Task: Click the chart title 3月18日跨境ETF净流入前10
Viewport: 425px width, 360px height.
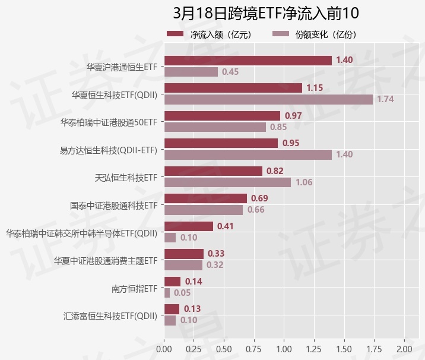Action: click(x=266, y=13)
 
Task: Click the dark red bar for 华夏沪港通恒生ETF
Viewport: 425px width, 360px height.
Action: click(x=248, y=60)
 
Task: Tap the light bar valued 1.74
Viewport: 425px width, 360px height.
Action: click(x=268, y=99)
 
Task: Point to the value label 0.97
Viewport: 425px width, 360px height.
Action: click(x=293, y=115)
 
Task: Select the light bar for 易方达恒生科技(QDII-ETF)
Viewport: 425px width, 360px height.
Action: click(x=248, y=154)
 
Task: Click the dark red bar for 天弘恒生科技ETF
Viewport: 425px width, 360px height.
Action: click(x=213, y=170)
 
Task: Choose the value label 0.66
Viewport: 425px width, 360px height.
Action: click(x=256, y=210)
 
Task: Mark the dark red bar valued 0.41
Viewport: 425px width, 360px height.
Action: click(x=188, y=226)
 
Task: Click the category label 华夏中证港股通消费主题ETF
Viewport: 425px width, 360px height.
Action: click(x=105, y=261)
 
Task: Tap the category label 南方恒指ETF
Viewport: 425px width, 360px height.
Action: click(x=134, y=289)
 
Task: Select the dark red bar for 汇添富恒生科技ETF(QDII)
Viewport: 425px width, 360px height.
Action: click(x=172, y=309)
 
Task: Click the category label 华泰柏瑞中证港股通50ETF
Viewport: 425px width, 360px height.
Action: click(x=109, y=122)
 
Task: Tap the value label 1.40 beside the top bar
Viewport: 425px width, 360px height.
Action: click(x=344, y=60)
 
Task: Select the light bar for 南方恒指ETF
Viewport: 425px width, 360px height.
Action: click(x=167, y=293)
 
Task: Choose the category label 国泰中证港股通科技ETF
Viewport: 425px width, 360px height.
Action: click(x=113, y=206)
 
